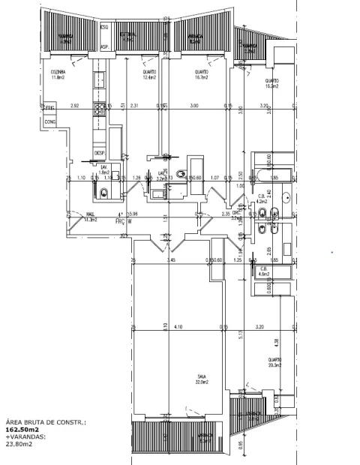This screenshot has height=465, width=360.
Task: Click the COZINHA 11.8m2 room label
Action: tap(58, 74)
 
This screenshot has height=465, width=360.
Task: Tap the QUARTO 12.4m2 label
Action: tap(150, 74)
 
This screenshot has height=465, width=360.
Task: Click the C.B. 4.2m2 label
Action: tap(262, 199)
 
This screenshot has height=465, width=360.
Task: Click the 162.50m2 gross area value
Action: tap(20, 430)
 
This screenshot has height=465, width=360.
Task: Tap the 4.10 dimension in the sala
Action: tap(178, 328)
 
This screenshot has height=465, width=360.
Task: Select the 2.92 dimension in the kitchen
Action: tap(74, 106)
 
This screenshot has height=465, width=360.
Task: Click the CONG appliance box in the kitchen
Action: tap(52, 121)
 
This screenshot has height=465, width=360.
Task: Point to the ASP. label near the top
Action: tap(105, 46)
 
